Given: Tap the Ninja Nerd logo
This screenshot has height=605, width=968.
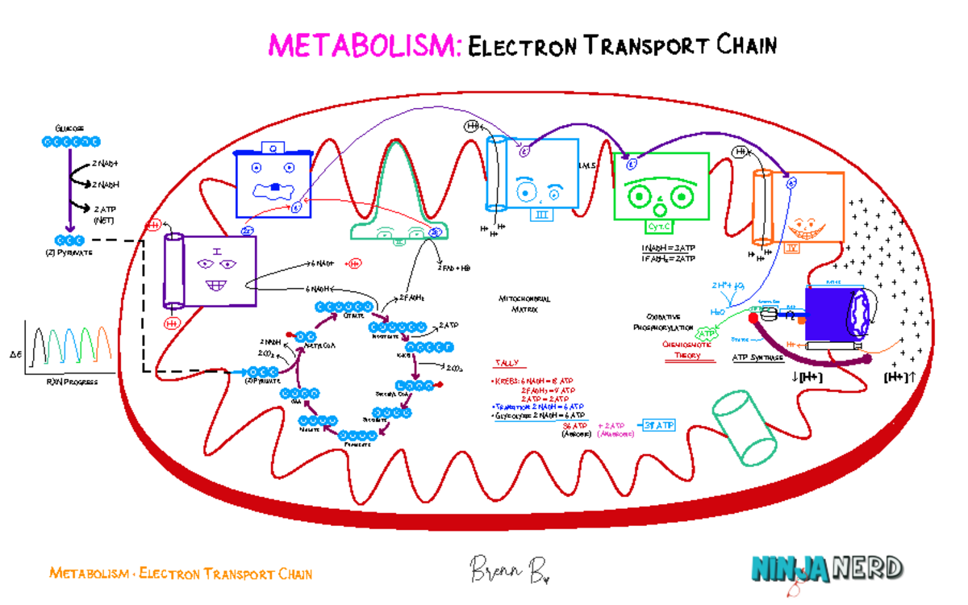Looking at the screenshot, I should click(827, 569).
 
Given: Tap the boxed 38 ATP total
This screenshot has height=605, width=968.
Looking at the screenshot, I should click(658, 425).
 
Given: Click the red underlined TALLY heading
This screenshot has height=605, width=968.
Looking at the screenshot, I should click(507, 364).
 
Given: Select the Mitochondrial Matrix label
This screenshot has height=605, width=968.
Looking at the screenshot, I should click(524, 303).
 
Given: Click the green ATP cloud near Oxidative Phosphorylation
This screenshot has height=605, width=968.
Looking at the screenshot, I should click(707, 332).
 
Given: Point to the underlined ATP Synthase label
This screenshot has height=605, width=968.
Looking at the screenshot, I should click(757, 357).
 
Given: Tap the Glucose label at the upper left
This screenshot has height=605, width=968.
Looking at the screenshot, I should click(69, 128).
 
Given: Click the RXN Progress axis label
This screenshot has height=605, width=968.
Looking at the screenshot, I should click(71, 382).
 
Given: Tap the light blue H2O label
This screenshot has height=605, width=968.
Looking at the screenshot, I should click(716, 311).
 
